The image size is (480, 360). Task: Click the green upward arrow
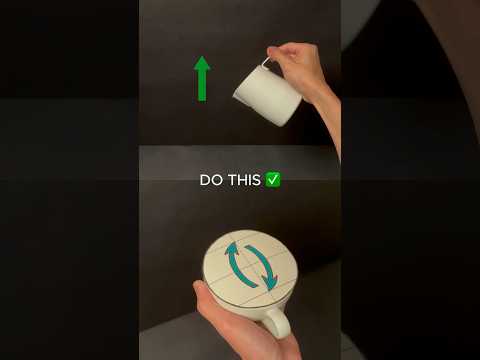click(x=202, y=79)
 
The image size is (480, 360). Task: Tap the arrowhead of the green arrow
click(x=202, y=63)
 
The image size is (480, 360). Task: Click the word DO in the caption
click(x=211, y=180)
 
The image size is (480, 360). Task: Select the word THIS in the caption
click(x=244, y=180)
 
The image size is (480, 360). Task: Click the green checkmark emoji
click(x=273, y=180)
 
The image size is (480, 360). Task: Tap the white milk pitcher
click(x=268, y=94)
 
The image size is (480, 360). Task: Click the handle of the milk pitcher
click(x=266, y=64)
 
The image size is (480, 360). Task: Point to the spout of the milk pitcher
click(x=237, y=94)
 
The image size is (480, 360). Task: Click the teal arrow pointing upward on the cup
click(x=236, y=265)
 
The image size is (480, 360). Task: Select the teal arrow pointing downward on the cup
click(x=263, y=267)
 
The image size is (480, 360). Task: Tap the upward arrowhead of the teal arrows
click(x=232, y=249)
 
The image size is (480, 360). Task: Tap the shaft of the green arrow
click(x=202, y=85)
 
